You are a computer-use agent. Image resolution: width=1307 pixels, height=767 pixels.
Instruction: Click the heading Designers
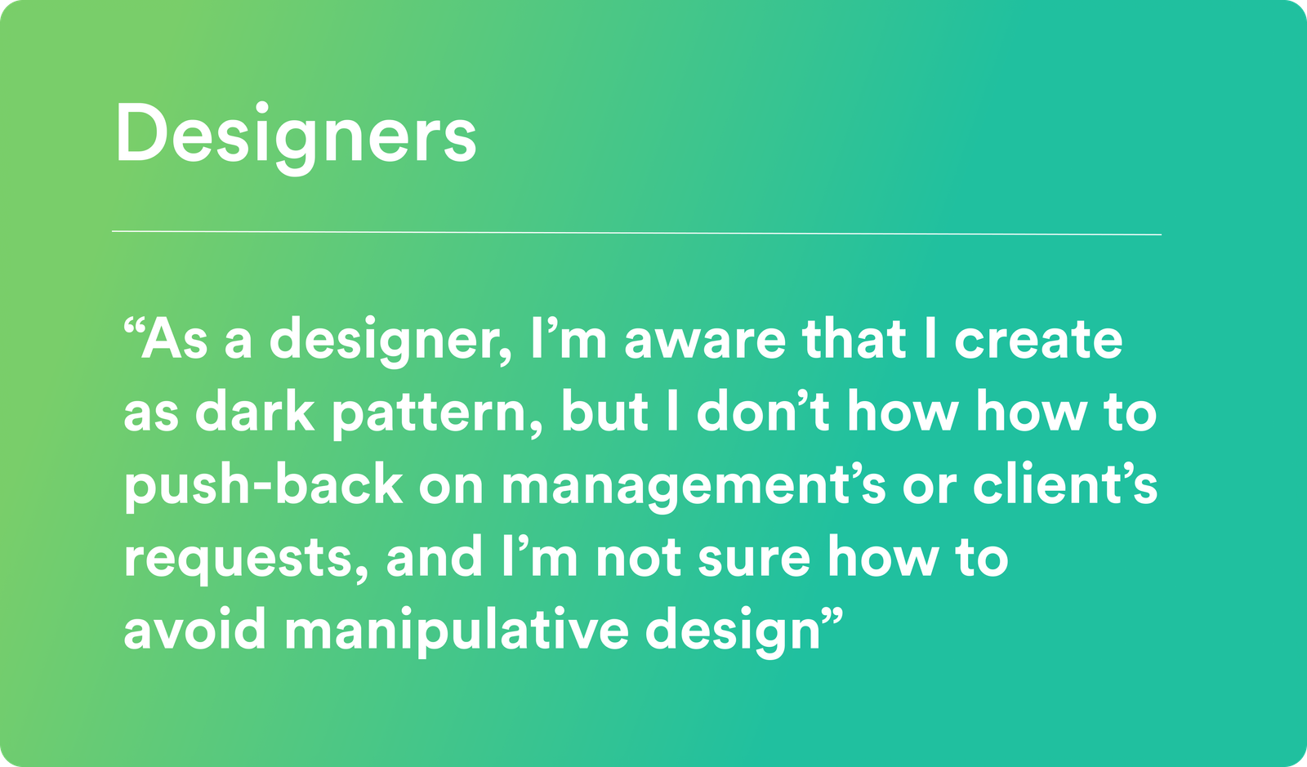tap(296, 138)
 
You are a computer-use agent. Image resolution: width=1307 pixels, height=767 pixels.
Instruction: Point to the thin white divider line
tap(636, 233)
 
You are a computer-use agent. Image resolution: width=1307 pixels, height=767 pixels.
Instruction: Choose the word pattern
tap(438, 415)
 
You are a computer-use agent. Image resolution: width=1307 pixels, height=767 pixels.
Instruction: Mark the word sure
tap(754, 560)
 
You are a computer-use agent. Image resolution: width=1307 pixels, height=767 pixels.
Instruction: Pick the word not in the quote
tap(638, 559)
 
